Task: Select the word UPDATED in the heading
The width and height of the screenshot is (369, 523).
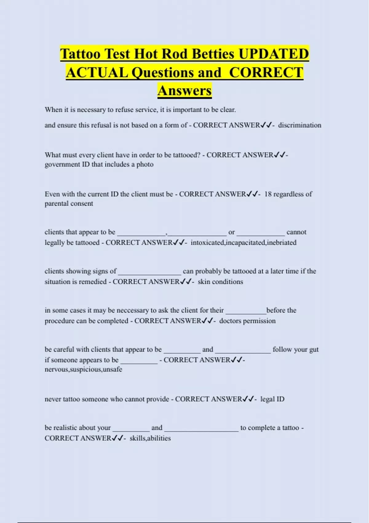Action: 274,54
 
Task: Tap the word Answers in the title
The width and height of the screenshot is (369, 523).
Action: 184,91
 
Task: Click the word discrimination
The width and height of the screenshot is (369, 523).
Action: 300,125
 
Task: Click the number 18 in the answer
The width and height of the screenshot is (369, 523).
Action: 268,194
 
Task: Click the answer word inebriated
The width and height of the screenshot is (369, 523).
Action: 282,242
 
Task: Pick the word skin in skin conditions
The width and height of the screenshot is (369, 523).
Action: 204,281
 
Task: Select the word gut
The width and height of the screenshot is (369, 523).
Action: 314,349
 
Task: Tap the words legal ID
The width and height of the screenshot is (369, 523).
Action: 272,399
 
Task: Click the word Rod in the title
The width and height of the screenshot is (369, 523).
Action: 175,54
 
